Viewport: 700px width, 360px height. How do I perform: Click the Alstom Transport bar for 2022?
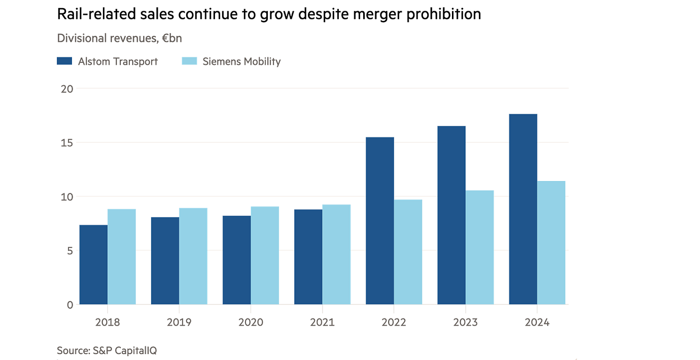pyautogui.click(x=379, y=221)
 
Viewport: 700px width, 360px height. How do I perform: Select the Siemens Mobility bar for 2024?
pyautogui.click(x=551, y=243)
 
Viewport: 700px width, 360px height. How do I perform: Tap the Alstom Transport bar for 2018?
pyautogui.click(x=93, y=265)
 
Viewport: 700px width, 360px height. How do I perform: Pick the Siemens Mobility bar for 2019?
pyautogui.click(x=193, y=256)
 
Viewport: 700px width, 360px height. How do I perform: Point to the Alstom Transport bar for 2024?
pyautogui.click(x=523, y=209)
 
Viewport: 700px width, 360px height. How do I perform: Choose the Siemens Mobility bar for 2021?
pyautogui.click(x=336, y=255)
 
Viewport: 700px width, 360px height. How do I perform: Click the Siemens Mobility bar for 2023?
pyautogui.click(x=480, y=247)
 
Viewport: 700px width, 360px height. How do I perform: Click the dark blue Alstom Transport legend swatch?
pyautogui.click(x=64, y=61)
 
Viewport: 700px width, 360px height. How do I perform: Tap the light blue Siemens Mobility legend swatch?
pyautogui.click(x=189, y=61)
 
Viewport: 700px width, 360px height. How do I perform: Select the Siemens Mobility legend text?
pyautogui.click(x=241, y=62)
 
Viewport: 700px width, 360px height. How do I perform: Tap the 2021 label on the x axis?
pyautogui.click(x=322, y=322)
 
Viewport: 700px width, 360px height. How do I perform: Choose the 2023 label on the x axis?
pyautogui.click(x=465, y=322)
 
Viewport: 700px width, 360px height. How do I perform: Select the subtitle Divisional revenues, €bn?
pyautogui.click(x=119, y=39)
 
